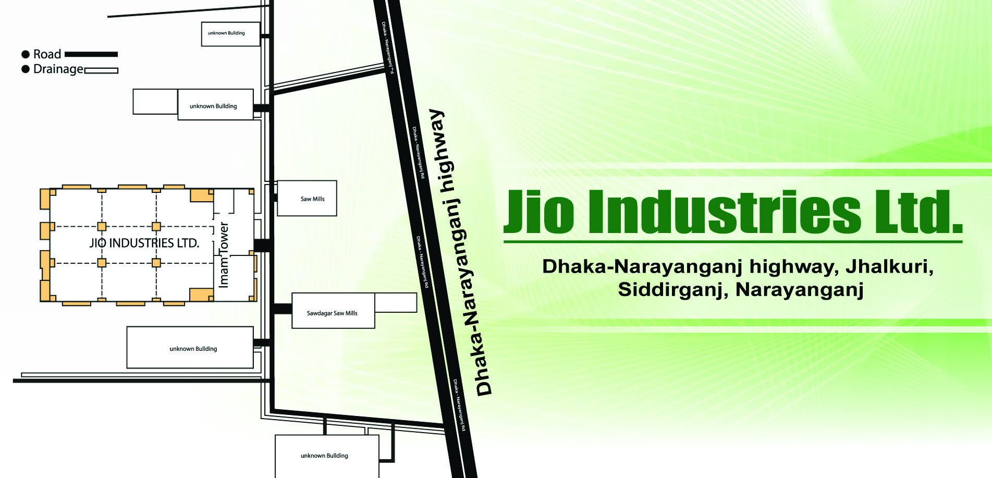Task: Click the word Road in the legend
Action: click(x=47, y=54)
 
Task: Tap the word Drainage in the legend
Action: click(x=58, y=69)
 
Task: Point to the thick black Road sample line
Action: click(x=91, y=54)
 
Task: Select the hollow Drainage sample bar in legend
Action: click(x=101, y=70)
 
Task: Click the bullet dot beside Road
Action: click(x=25, y=54)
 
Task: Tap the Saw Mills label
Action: click(x=313, y=199)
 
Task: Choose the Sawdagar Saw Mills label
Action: click(x=332, y=313)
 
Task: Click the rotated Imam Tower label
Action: click(x=224, y=255)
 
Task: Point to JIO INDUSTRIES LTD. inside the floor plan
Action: click(x=144, y=243)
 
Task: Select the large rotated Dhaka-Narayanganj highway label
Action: click(x=461, y=253)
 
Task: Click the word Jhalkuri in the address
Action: click(x=889, y=266)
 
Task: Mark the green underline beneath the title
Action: click(x=733, y=242)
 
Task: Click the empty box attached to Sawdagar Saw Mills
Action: click(x=396, y=302)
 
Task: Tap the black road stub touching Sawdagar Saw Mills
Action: click(x=282, y=309)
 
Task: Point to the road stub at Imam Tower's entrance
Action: click(x=262, y=245)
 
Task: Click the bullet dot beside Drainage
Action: click(x=25, y=69)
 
